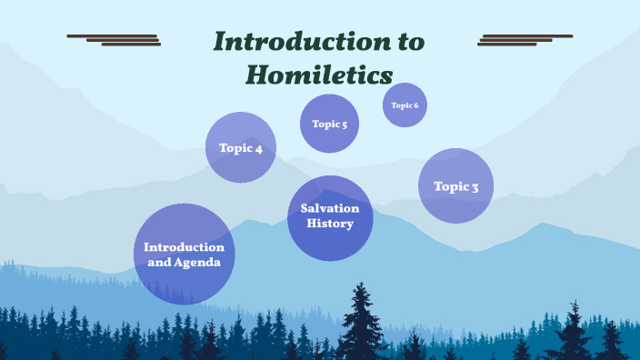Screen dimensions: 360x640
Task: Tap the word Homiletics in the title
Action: click(x=319, y=74)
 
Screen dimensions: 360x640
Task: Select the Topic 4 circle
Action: click(x=240, y=147)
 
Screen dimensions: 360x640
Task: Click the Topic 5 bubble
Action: click(x=329, y=124)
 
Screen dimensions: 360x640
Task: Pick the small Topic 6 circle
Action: click(x=405, y=105)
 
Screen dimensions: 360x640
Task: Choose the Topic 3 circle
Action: click(x=455, y=186)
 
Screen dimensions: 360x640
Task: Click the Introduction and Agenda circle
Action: click(x=184, y=254)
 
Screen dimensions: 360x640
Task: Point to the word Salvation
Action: click(x=330, y=208)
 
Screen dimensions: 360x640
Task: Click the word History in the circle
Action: click(x=329, y=224)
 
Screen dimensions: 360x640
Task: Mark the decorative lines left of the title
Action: click(x=115, y=39)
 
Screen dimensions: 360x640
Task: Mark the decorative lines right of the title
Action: click(x=525, y=39)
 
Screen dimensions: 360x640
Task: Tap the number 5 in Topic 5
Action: click(x=344, y=125)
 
